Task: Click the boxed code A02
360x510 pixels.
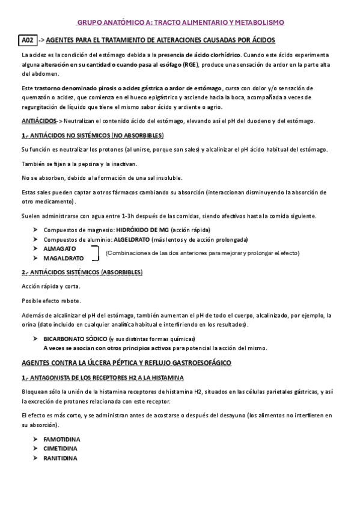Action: (28, 40)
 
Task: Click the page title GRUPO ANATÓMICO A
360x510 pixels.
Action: (180, 22)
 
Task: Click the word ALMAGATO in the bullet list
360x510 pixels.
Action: (60, 248)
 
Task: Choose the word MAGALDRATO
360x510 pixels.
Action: (64, 257)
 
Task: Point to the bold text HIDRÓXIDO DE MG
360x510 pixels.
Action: (142, 230)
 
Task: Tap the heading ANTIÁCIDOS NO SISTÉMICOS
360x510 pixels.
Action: (93, 135)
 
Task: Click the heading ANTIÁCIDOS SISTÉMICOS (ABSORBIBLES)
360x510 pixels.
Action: (82, 272)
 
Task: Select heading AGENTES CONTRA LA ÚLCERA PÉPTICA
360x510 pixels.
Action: (126, 363)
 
